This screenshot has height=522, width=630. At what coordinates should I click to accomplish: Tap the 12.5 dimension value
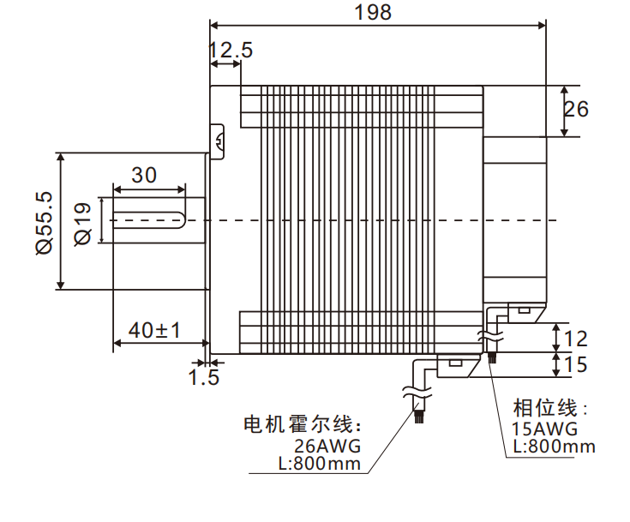(x=231, y=51)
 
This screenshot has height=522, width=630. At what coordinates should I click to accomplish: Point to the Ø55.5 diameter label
(x=44, y=222)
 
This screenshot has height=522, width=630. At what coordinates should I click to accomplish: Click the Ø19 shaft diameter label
(x=83, y=222)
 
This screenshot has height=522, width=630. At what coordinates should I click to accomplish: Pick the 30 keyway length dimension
(x=145, y=175)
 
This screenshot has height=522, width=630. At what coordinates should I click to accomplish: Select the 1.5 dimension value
(x=204, y=376)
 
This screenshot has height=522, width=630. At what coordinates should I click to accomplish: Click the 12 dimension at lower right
(x=578, y=338)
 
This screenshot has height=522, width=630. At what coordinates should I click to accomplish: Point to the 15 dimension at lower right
(x=578, y=365)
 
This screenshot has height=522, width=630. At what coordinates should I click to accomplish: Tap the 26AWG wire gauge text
(x=327, y=447)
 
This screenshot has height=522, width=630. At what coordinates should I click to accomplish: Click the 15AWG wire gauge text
(x=544, y=429)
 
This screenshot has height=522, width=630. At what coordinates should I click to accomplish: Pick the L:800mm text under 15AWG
(x=554, y=447)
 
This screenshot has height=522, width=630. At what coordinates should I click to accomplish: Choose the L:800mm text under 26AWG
(x=320, y=464)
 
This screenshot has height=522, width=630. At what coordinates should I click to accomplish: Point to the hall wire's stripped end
(x=419, y=417)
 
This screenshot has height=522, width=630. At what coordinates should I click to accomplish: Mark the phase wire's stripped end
(x=492, y=355)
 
